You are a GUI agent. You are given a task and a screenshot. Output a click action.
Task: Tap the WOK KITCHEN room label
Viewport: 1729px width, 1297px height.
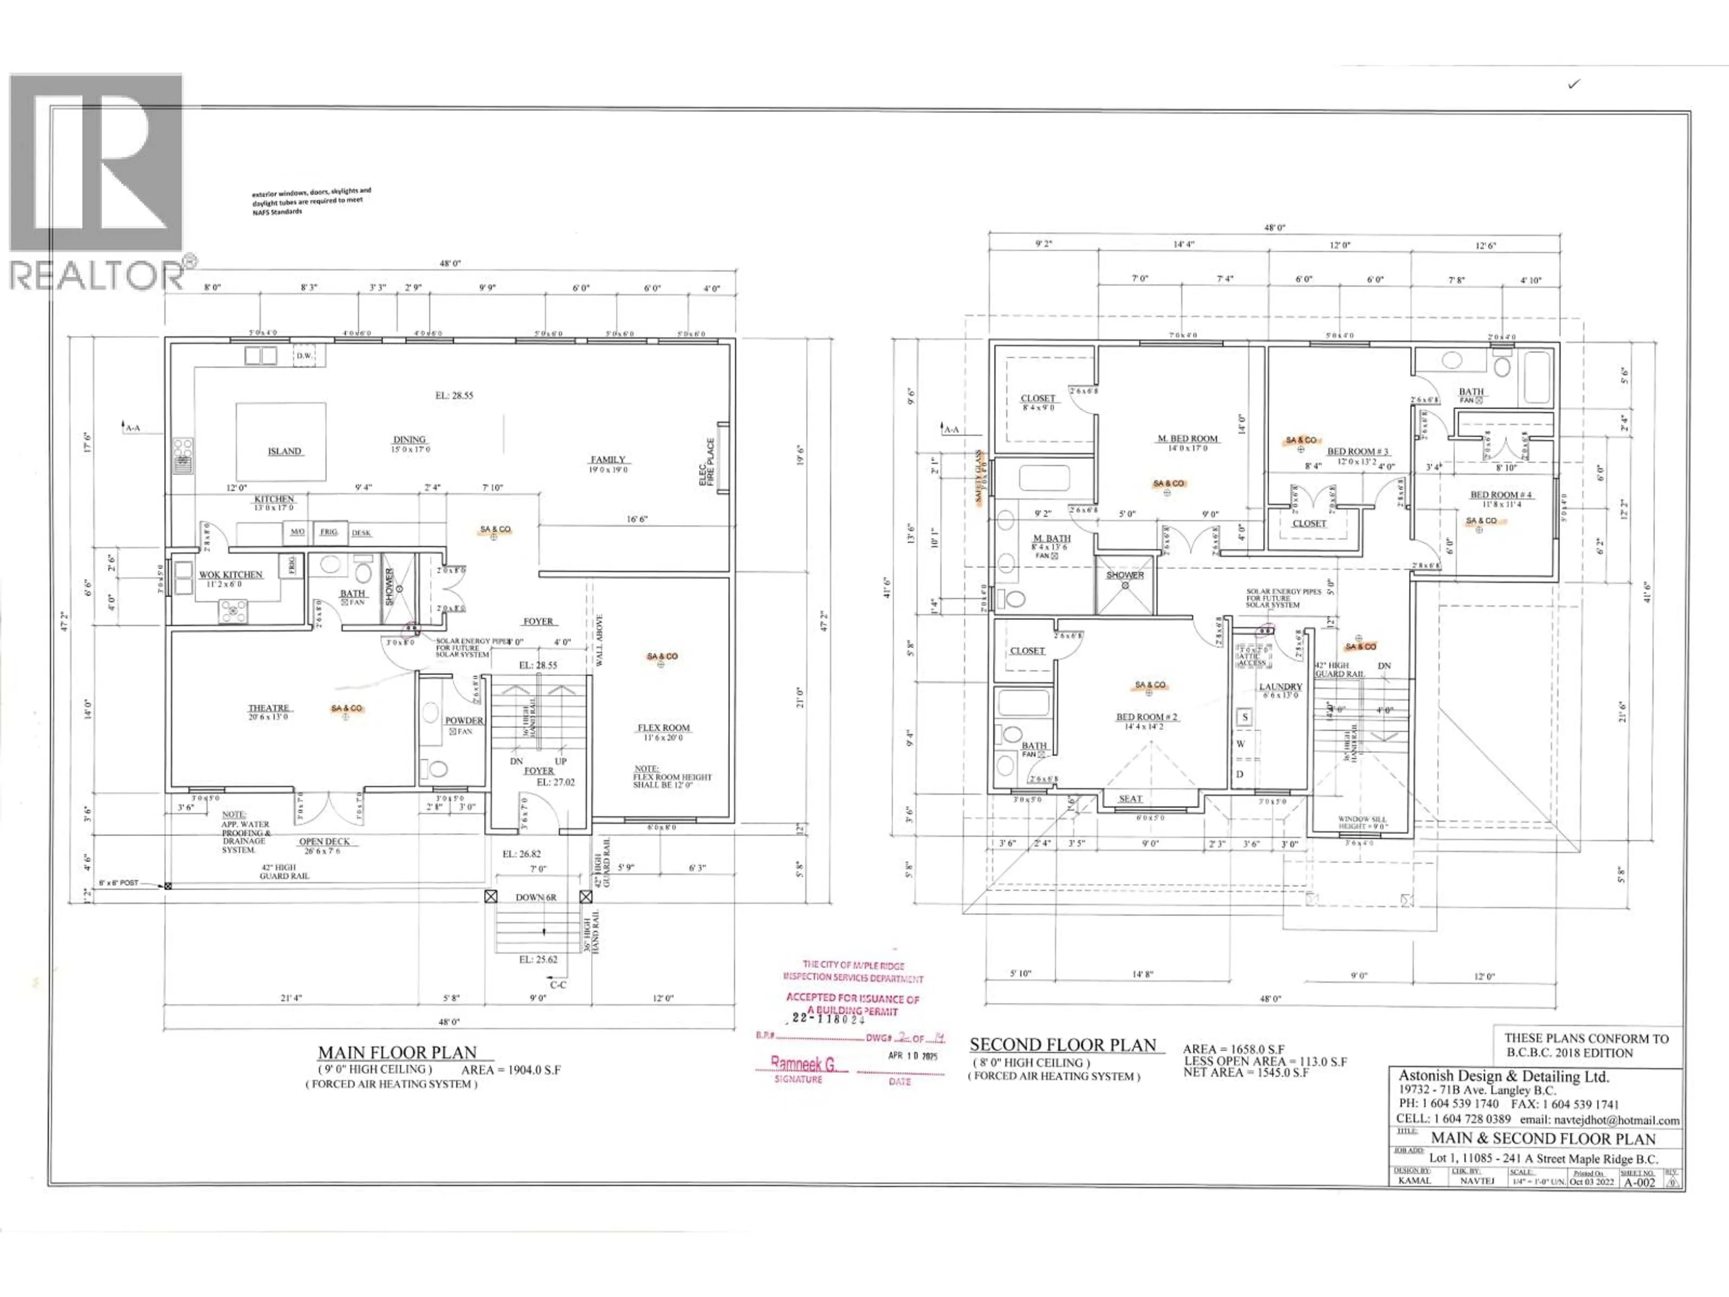[x=231, y=575]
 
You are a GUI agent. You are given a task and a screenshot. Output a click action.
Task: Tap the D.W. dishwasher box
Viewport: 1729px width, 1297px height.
[x=304, y=356]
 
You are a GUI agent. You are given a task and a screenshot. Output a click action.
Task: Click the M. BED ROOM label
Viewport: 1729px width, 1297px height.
[x=1187, y=439]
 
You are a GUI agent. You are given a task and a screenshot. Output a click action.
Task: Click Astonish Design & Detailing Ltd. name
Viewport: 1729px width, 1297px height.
[x=1503, y=1076]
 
